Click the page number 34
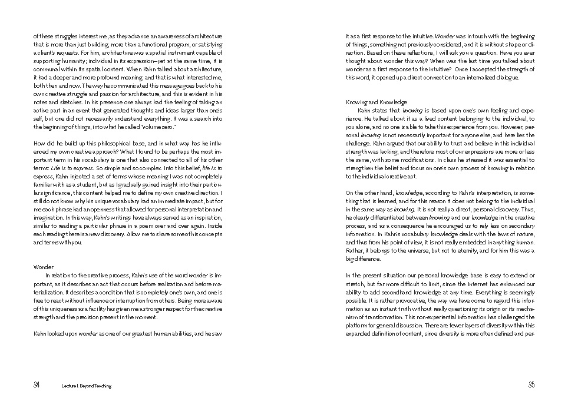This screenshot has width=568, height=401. (x=37, y=386)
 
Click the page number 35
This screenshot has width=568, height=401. (x=531, y=386)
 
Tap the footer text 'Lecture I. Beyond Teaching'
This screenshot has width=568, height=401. (x=86, y=386)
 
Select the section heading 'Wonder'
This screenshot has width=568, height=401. (x=43, y=267)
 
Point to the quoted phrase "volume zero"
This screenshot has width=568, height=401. (x=158, y=127)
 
